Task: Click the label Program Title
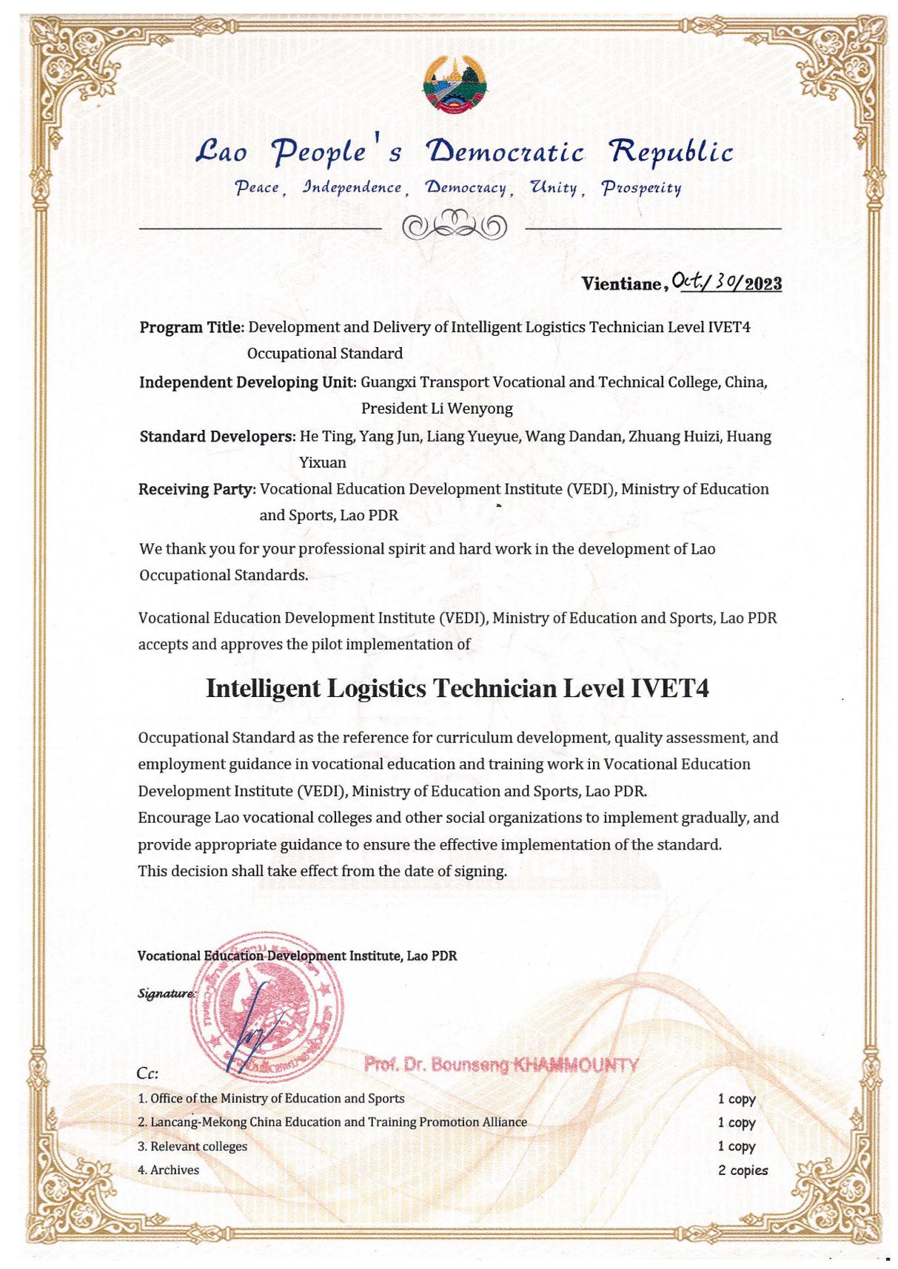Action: pos(192,327)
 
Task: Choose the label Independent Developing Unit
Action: pos(248,383)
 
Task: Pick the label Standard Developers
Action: pos(218,437)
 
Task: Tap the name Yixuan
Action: pos(322,463)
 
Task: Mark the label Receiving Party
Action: pos(197,489)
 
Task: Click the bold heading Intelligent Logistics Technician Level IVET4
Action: pos(457,688)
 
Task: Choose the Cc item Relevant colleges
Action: pos(192,1146)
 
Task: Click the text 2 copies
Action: pos(742,1171)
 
